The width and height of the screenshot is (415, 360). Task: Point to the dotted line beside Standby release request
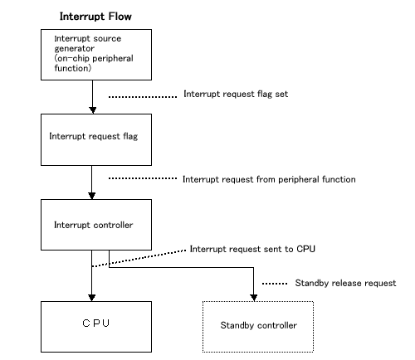click(274, 284)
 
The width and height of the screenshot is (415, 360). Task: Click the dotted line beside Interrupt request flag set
click(143, 96)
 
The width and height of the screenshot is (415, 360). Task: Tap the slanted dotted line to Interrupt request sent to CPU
click(141, 257)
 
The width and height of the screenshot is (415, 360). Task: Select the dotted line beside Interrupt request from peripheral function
click(143, 179)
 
